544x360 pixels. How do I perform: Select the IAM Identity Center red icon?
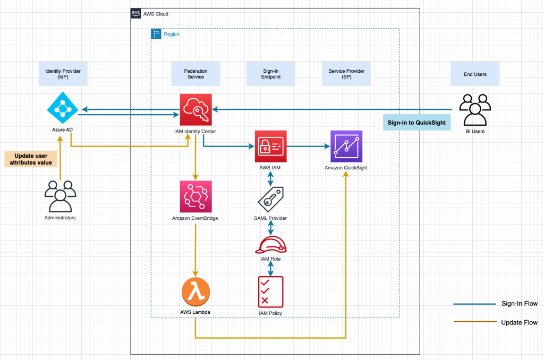tap(195, 109)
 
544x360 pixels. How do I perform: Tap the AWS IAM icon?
tap(270, 146)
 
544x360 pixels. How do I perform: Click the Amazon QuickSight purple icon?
tap(346, 146)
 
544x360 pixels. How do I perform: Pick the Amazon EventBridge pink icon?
tap(195, 196)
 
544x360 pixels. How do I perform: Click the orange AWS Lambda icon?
tap(195, 291)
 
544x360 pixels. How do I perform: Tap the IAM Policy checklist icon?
tap(270, 292)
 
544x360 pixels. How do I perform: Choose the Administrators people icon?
tap(59, 196)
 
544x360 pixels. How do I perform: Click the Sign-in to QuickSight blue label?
tap(416, 122)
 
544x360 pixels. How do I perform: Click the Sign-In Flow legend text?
tap(519, 304)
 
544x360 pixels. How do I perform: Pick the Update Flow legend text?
tap(519, 322)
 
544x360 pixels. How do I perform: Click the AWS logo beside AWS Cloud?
tap(136, 14)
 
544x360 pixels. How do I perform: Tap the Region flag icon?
tap(157, 34)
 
